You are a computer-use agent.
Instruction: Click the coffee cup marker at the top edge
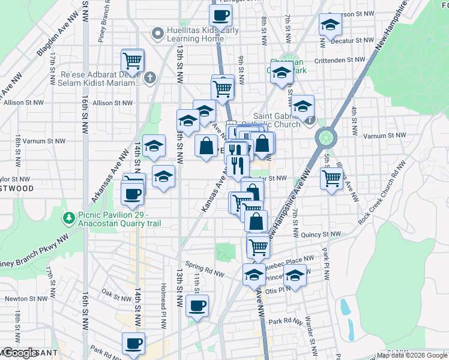point(220,15)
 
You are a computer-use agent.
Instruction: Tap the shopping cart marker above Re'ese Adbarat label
point(132,60)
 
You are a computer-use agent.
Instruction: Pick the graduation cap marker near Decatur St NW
point(330,25)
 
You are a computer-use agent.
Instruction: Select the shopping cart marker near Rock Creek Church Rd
point(331,178)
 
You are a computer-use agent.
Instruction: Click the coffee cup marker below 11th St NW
point(196,306)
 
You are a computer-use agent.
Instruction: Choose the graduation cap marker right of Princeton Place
point(294,276)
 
